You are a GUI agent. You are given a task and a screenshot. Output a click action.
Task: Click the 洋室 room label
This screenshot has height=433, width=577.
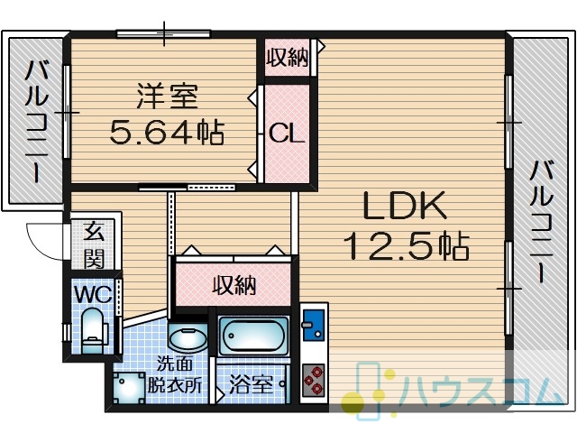tap(168, 97)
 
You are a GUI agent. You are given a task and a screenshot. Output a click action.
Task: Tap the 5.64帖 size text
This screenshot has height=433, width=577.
tap(167, 133)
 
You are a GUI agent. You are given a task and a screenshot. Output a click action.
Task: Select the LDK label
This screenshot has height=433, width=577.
tap(405, 206)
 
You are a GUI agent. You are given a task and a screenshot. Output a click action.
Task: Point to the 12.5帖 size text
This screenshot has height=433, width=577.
tap(407, 245)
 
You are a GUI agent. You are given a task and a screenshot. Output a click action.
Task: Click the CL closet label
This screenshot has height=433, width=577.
tap(287, 134)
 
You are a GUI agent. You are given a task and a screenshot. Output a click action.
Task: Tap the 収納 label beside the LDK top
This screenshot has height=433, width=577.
tap(288, 58)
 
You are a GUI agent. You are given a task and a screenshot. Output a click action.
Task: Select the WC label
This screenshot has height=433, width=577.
tap(93, 295)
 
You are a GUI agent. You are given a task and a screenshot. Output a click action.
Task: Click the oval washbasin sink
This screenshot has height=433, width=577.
tap(188, 338)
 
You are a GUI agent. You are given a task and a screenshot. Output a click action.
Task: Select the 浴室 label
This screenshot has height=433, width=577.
tap(251, 384)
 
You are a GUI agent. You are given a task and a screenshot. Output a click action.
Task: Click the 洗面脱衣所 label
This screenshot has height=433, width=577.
tap(174, 374)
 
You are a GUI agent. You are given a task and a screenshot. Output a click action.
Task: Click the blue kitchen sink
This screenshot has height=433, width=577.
tap(314, 325)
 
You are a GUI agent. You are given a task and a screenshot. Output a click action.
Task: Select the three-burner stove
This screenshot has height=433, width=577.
tap(314, 381)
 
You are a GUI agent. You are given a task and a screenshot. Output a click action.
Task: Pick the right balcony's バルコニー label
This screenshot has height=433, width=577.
tap(541, 221)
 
